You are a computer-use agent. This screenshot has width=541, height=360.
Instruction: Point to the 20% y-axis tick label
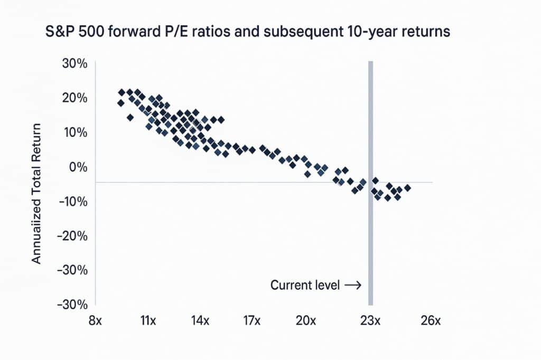click(x=76, y=98)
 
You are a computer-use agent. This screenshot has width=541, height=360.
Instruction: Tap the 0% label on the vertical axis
click(x=79, y=167)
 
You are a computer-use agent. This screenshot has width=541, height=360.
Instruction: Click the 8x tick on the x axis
click(x=95, y=321)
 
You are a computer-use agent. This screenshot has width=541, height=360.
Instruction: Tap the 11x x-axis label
click(x=148, y=321)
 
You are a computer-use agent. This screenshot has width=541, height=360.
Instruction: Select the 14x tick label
click(x=200, y=321)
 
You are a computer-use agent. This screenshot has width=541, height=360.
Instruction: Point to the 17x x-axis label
click(x=253, y=321)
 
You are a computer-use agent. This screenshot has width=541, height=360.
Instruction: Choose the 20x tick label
click(x=305, y=321)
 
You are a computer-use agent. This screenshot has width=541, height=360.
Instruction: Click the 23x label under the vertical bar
click(x=370, y=321)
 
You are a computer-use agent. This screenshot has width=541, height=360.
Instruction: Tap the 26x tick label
click(x=431, y=321)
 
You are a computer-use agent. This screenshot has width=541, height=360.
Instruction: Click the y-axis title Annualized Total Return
click(x=36, y=194)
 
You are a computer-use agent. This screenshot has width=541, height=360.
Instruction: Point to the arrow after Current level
click(x=352, y=286)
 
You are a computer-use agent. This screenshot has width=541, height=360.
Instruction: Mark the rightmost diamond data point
click(x=407, y=188)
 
